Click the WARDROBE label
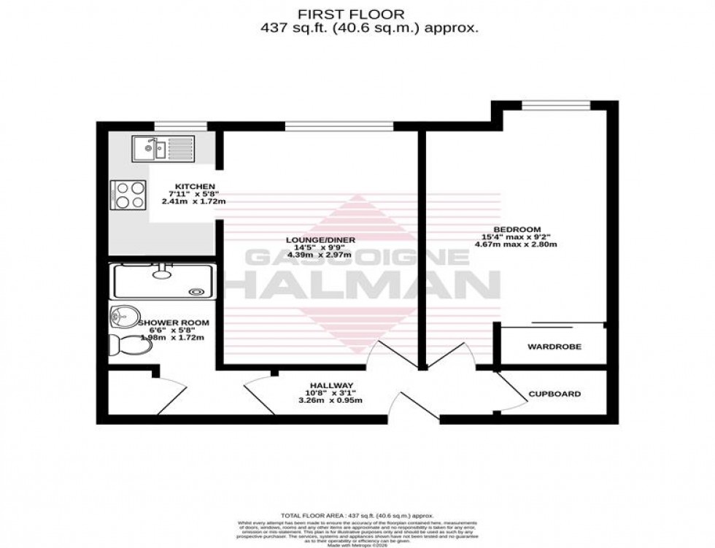pyautogui.click(x=554, y=347)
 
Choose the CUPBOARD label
pyautogui.click(x=554, y=394)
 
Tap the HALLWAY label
pyautogui.click(x=331, y=385)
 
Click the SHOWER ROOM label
pyautogui.click(x=163, y=323)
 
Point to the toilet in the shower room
pyautogui.click(x=131, y=346)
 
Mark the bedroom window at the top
pyautogui.click(x=555, y=107)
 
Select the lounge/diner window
pyautogui.click(x=339, y=126)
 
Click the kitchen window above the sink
pyautogui.click(x=171, y=126)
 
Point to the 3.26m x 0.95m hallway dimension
pyautogui.click(x=331, y=400)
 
